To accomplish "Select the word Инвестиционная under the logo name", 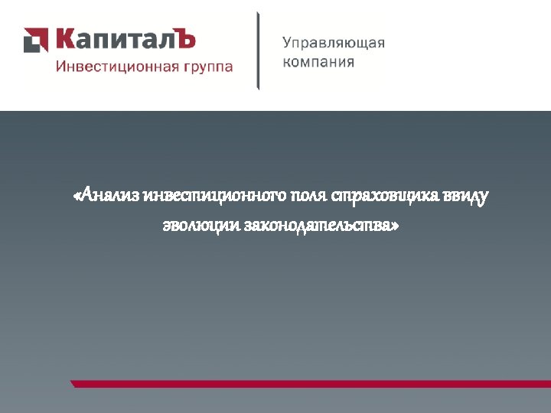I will [x=117, y=67].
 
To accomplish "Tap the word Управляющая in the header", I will [x=334, y=44].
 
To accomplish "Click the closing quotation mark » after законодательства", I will [x=395, y=227].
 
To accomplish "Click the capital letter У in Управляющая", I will [x=288, y=44].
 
